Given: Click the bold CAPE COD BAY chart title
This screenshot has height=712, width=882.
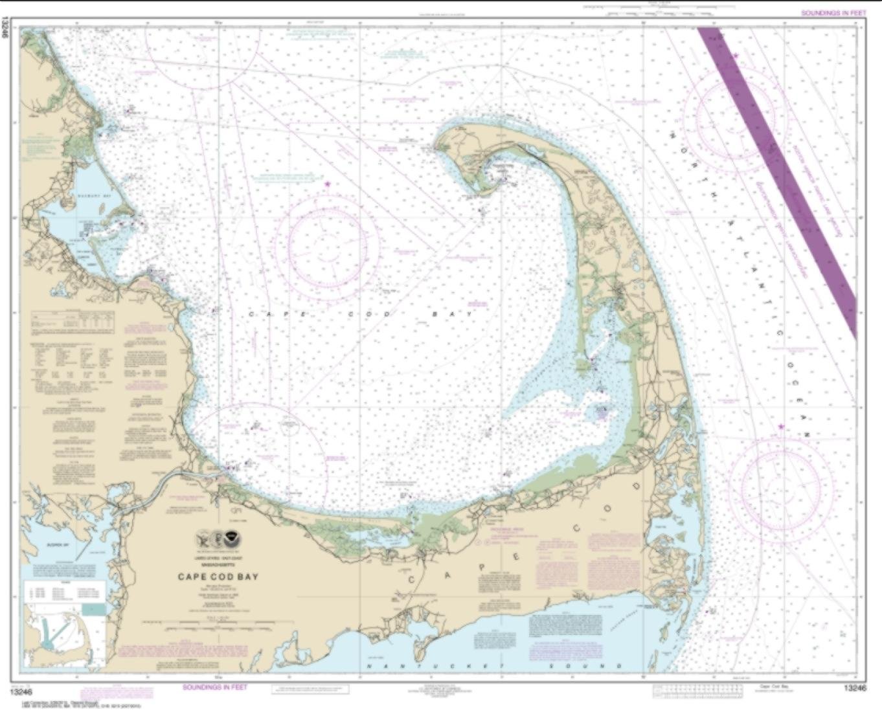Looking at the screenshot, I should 218,577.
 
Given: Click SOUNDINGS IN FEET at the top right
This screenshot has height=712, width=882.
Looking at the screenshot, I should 833,13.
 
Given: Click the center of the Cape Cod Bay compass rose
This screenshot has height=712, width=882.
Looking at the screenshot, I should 327,247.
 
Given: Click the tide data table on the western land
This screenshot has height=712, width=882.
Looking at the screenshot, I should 72,320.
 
